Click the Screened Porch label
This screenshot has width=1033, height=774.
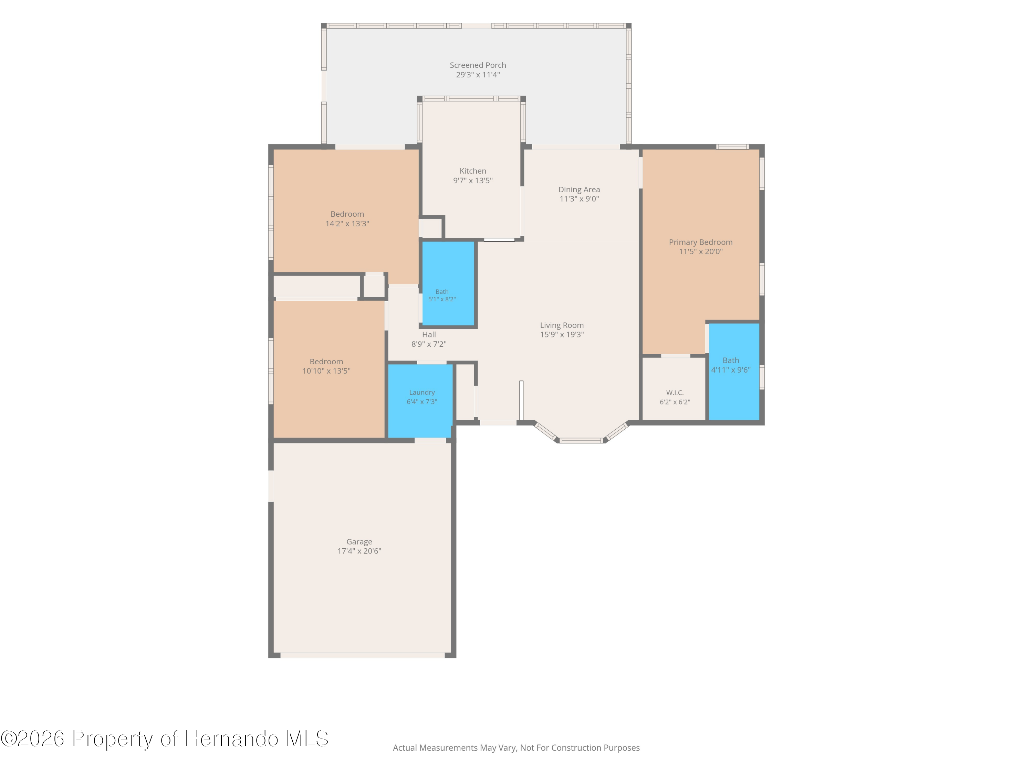click(478, 65)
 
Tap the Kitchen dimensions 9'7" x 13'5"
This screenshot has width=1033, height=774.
click(473, 181)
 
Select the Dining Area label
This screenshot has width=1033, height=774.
click(579, 190)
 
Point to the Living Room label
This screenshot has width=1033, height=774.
click(562, 325)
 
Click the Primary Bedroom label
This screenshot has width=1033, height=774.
click(700, 242)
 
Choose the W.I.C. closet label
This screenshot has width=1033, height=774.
click(675, 393)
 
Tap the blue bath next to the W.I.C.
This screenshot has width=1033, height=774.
click(734, 372)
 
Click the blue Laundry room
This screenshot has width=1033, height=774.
click(420, 401)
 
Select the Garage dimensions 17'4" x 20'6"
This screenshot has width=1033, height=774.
click(359, 551)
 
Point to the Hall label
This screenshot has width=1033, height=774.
click(429, 334)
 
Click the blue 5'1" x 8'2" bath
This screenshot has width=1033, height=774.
click(448, 283)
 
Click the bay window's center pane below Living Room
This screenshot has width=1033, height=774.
click(582, 440)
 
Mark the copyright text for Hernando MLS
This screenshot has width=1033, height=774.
click(164, 739)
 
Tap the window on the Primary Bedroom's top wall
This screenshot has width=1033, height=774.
click(732, 147)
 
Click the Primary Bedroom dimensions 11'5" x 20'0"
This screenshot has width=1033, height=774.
click(700, 251)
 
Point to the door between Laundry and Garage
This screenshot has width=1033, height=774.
click(430, 440)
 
